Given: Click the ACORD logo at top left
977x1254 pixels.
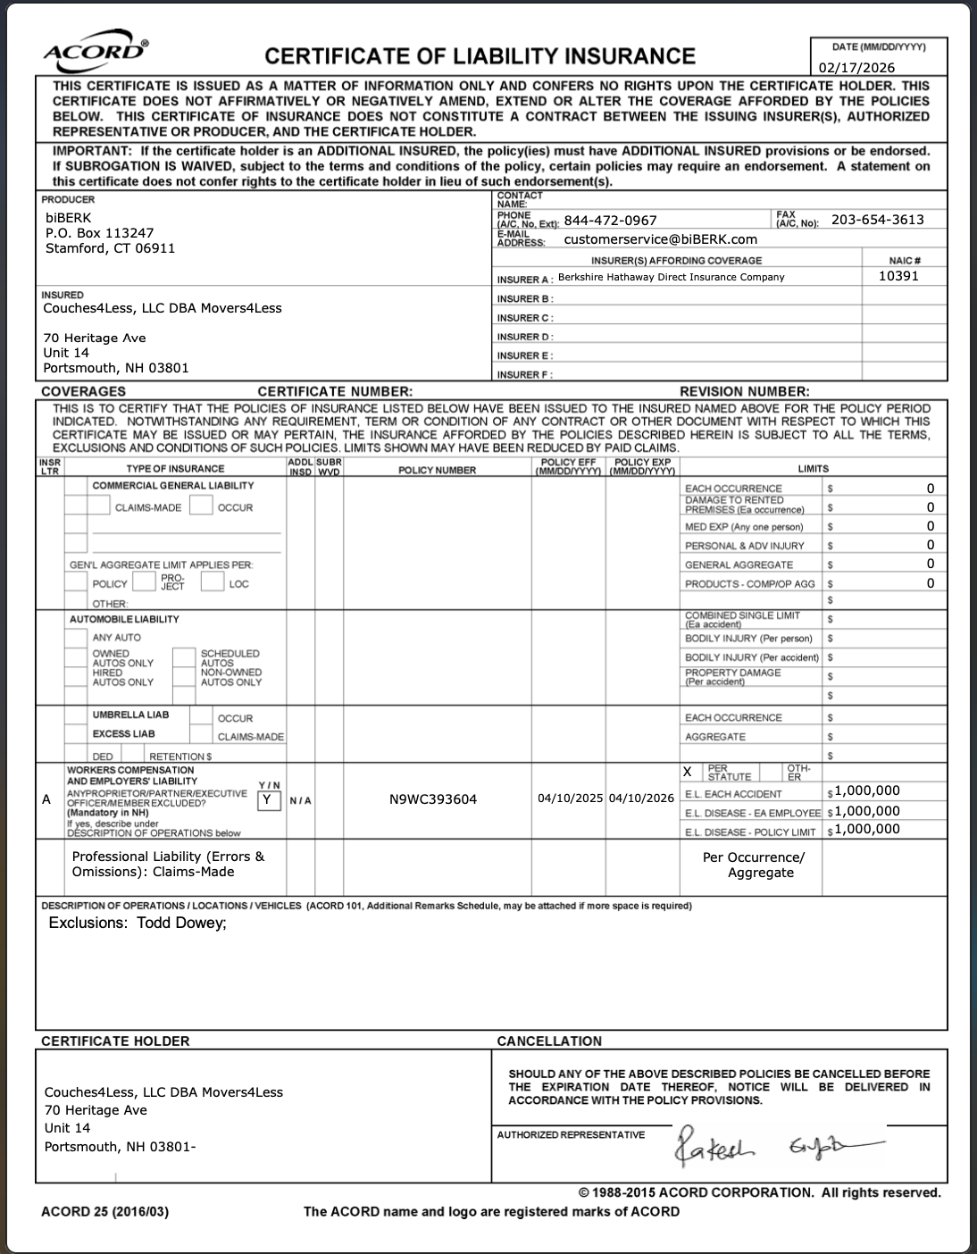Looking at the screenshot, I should pyautogui.click(x=96, y=53).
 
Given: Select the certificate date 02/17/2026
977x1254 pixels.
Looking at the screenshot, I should pyautogui.click(x=856, y=68).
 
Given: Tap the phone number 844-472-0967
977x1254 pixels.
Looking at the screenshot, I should pyautogui.click(x=610, y=221).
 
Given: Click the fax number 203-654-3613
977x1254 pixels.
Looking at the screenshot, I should pyautogui.click(x=877, y=220).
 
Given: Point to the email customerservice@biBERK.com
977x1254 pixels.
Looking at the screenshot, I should pyautogui.click(x=660, y=239).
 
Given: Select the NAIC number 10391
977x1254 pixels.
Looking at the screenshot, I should pyautogui.click(x=898, y=276).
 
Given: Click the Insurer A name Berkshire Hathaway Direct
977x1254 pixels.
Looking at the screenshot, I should pyautogui.click(x=671, y=277).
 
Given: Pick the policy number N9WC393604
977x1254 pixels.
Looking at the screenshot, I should pyautogui.click(x=433, y=799).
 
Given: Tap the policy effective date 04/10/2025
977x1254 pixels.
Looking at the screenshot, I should pyautogui.click(x=570, y=798).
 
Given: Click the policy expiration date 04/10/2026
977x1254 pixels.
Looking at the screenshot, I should pyautogui.click(x=641, y=798).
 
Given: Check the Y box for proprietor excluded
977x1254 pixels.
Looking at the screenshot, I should pyautogui.click(x=268, y=800).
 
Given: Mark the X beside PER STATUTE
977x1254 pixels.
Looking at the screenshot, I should pyautogui.click(x=687, y=772).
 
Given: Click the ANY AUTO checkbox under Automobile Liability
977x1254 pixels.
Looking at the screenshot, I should pyautogui.click(x=76, y=638).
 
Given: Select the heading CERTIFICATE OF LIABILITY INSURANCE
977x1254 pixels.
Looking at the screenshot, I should pyautogui.click(x=480, y=56).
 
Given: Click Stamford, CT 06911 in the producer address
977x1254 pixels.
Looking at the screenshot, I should pyautogui.click(x=110, y=248).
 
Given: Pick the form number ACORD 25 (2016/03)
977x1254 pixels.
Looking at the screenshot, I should pyautogui.click(x=104, y=1212).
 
